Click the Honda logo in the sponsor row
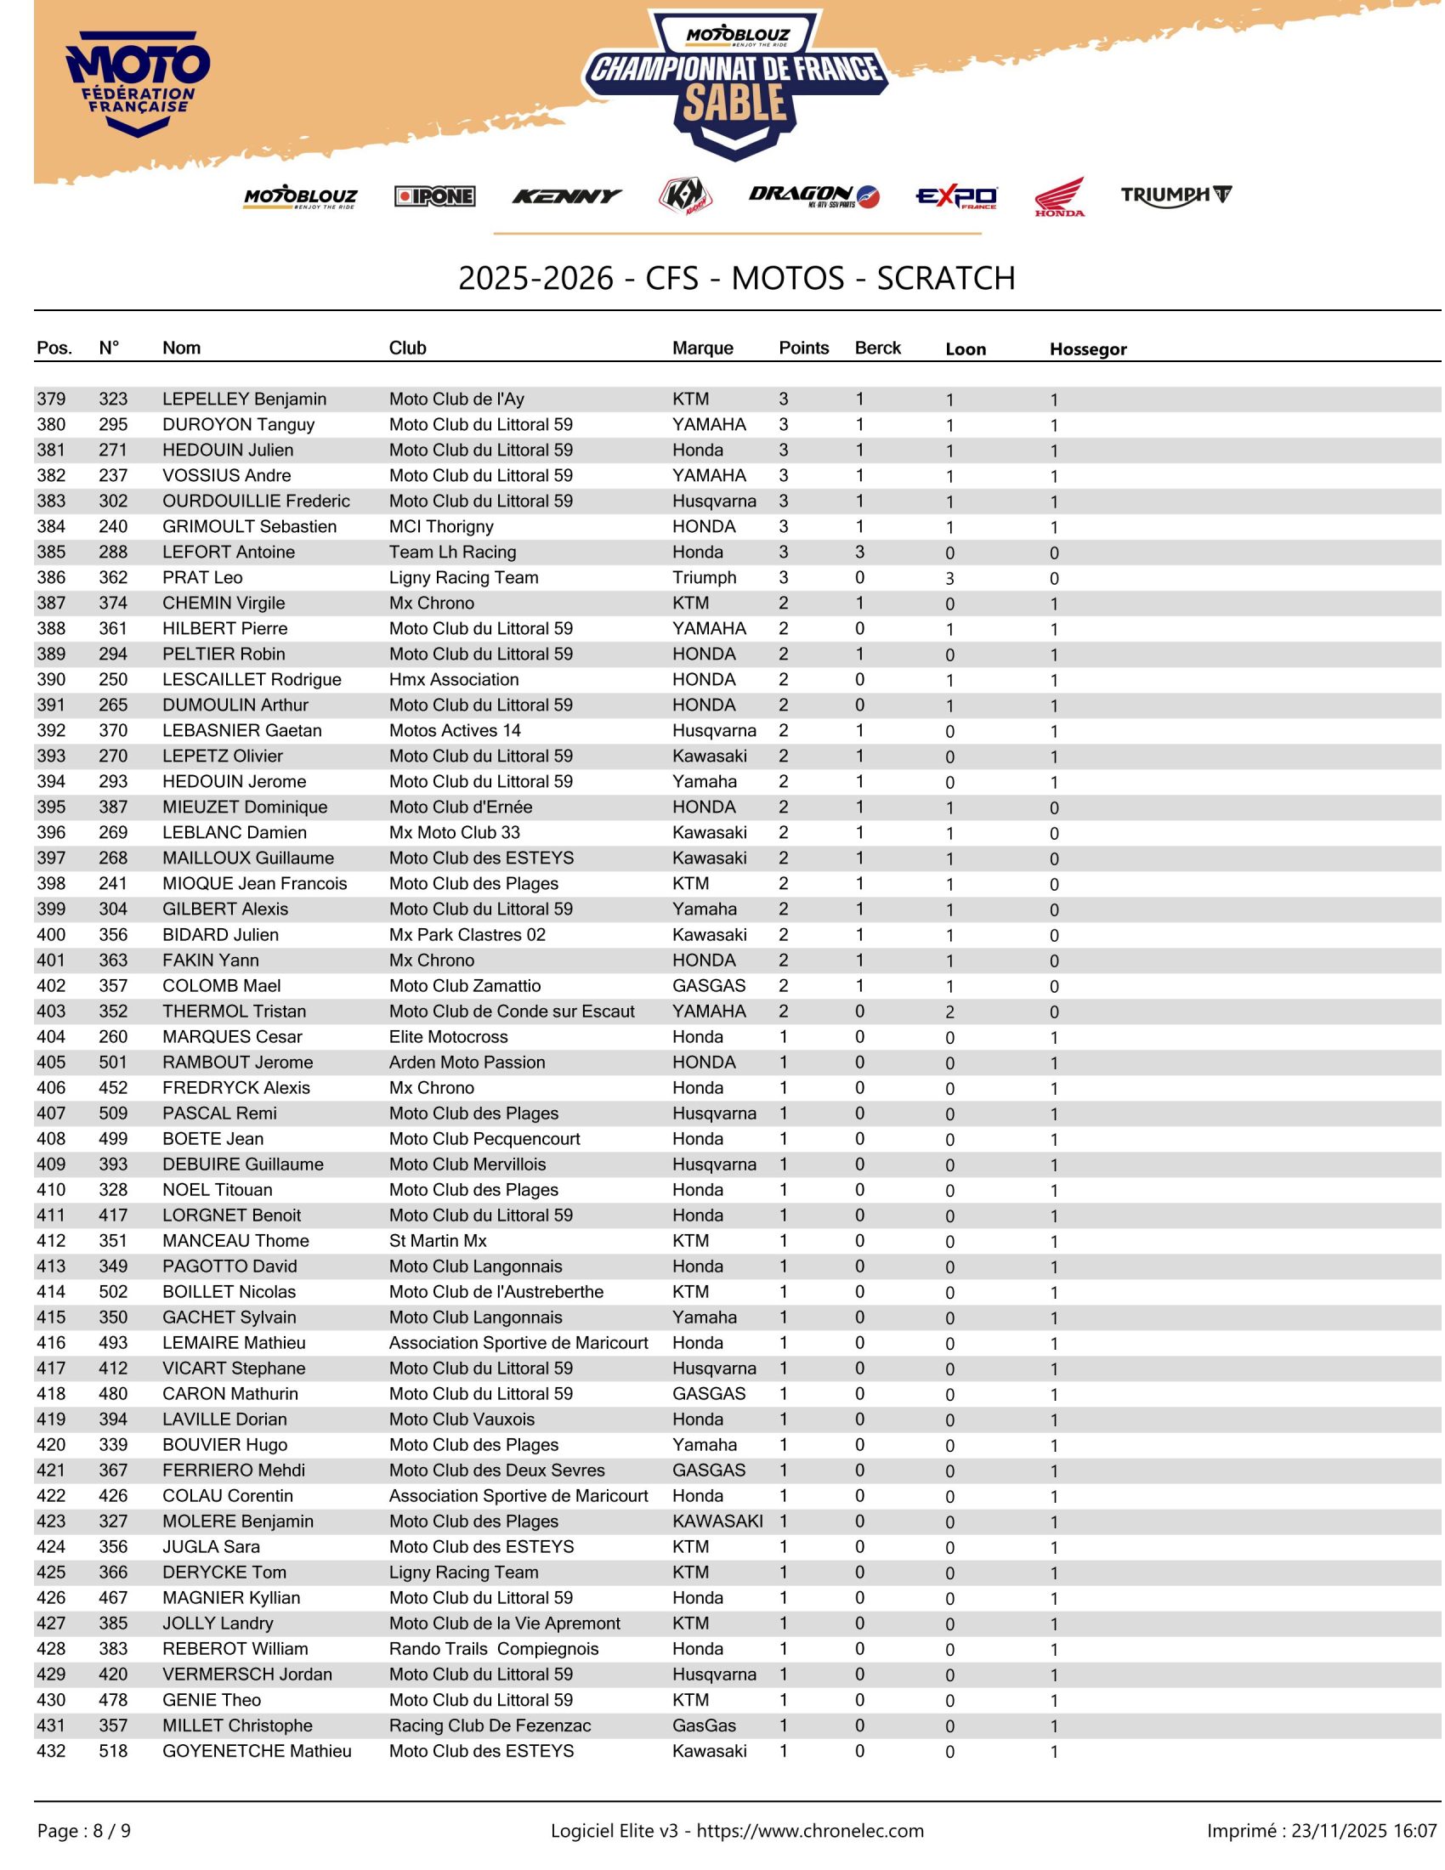[1059, 197]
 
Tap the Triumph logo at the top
[1176, 195]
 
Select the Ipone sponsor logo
[435, 196]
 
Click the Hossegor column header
[1087, 349]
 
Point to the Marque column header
[702, 348]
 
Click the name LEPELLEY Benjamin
[244, 399]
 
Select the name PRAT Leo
[202, 578]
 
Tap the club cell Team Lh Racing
[452, 552]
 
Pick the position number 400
[51, 935]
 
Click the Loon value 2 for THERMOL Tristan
[949, 1012]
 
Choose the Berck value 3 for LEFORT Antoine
[859, 552]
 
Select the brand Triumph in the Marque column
[704, 578]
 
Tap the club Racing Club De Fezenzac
[490, 1726]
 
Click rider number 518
[113, 1752]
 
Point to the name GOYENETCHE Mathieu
[257, 1752]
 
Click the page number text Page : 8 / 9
[84, 1832]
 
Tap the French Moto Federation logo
[138, 83]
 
